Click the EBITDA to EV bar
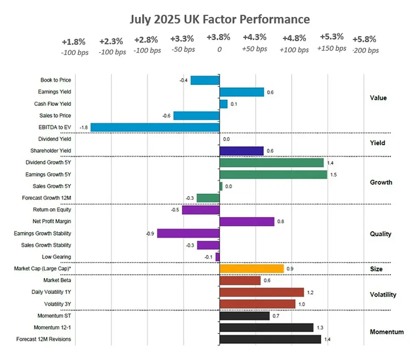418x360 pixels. click(x=155, y=128)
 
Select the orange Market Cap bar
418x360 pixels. click(x=252, y=268)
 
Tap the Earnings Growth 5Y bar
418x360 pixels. click(x=273, y=174)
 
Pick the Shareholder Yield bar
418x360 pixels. click(x=241, y=151)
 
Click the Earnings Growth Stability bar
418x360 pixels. click(x=188, y=233)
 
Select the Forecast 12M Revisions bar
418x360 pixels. click(x=270, y=339)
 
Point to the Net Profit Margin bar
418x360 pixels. click(x=247, y=222)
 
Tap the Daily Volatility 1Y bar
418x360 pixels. click(x=262, y=292)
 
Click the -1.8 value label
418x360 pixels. click(x=84, y=128)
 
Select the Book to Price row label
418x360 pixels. click(x=56, y=80)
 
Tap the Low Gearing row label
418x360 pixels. click(x=56, y=257)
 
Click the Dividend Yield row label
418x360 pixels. click(x=54, y=139)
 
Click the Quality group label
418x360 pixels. click(x=380, y=234)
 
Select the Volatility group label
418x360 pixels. click(x=383, y=295)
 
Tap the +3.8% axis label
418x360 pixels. click(x=218, y=37)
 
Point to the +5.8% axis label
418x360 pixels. click(x=365, y=39)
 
